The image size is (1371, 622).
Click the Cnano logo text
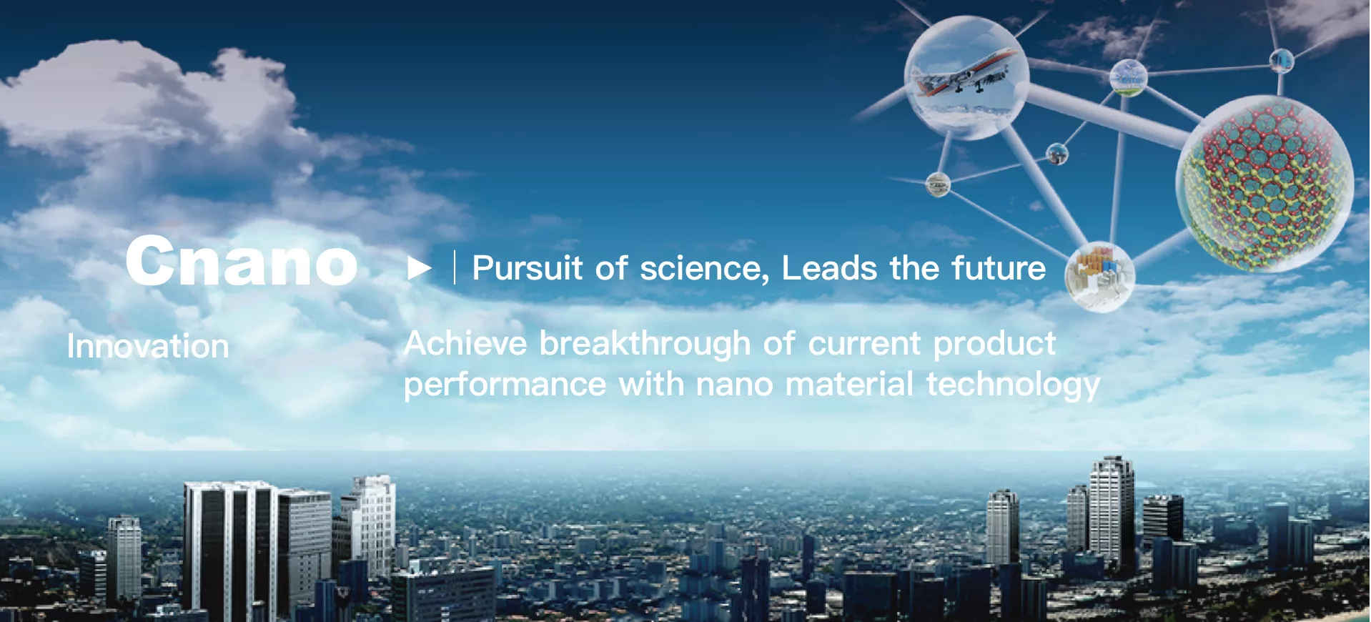(x=242, y=261)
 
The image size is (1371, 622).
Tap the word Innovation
(x=148, y=346)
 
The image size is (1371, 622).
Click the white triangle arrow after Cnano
(x=420, y=268)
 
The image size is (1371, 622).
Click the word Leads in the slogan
(x=829, y=268)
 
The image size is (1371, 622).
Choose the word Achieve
(x=466, y=343)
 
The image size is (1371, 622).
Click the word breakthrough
(x=645, y=345)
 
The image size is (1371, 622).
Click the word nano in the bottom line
(x=735, y=385)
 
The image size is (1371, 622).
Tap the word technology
(x=1013, y=385)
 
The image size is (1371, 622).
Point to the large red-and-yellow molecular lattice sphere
(x=1264, y=184)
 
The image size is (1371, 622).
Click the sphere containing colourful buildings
(x=1099, y=277)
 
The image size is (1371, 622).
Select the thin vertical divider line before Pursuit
(x=455, y=268)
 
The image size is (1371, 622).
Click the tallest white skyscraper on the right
(x=1112, y=512)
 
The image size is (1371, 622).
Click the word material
(x=849, y=384)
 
